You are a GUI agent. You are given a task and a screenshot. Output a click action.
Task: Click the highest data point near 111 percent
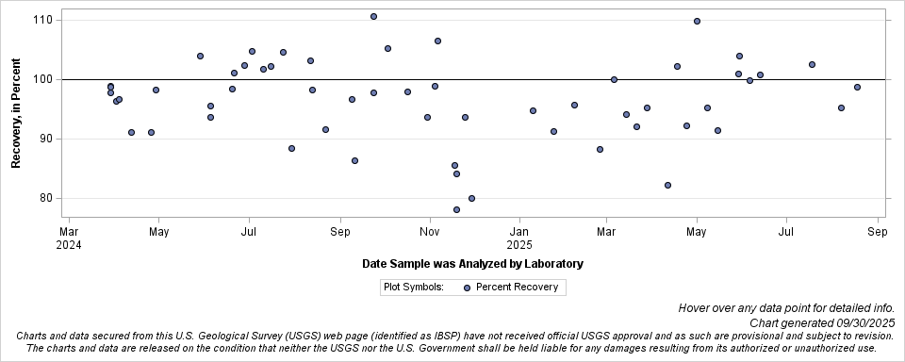tap(373, 16)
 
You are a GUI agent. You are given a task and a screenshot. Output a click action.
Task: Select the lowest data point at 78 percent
tap(456, 209)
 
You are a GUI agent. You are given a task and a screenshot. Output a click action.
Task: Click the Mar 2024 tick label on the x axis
tap(69, 238)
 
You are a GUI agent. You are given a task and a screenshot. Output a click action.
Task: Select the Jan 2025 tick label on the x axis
tap(519, 238)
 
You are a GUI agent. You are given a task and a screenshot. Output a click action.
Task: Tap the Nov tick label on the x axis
tap(430, 231)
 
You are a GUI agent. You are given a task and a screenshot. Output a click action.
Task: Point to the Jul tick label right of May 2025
tap(786, 231)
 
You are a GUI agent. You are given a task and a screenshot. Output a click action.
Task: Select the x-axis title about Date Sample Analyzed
tap(472, 264)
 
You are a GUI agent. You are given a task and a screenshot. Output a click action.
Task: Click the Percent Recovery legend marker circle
tap(468, 288)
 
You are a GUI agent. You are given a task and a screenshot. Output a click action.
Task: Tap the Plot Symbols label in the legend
tap(413, 288)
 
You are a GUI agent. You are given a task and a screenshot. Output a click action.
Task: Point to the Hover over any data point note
tap(785, 308)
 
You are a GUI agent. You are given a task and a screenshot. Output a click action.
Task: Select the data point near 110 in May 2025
tap(697, 21)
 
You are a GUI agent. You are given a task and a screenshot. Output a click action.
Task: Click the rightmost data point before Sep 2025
tap(857, 87)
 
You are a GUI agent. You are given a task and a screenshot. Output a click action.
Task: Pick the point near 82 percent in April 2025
tap(667, 185)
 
